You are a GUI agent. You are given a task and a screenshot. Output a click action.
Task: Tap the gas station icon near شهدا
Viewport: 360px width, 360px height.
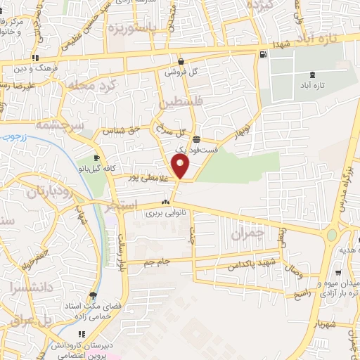pos(263,55)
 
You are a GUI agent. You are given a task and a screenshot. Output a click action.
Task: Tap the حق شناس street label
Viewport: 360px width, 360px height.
pos(121,130)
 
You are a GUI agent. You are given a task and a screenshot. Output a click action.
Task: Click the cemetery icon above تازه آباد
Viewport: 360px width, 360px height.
pos(312,75)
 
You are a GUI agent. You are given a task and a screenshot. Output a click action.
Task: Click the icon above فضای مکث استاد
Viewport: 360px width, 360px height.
pos(92,296)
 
